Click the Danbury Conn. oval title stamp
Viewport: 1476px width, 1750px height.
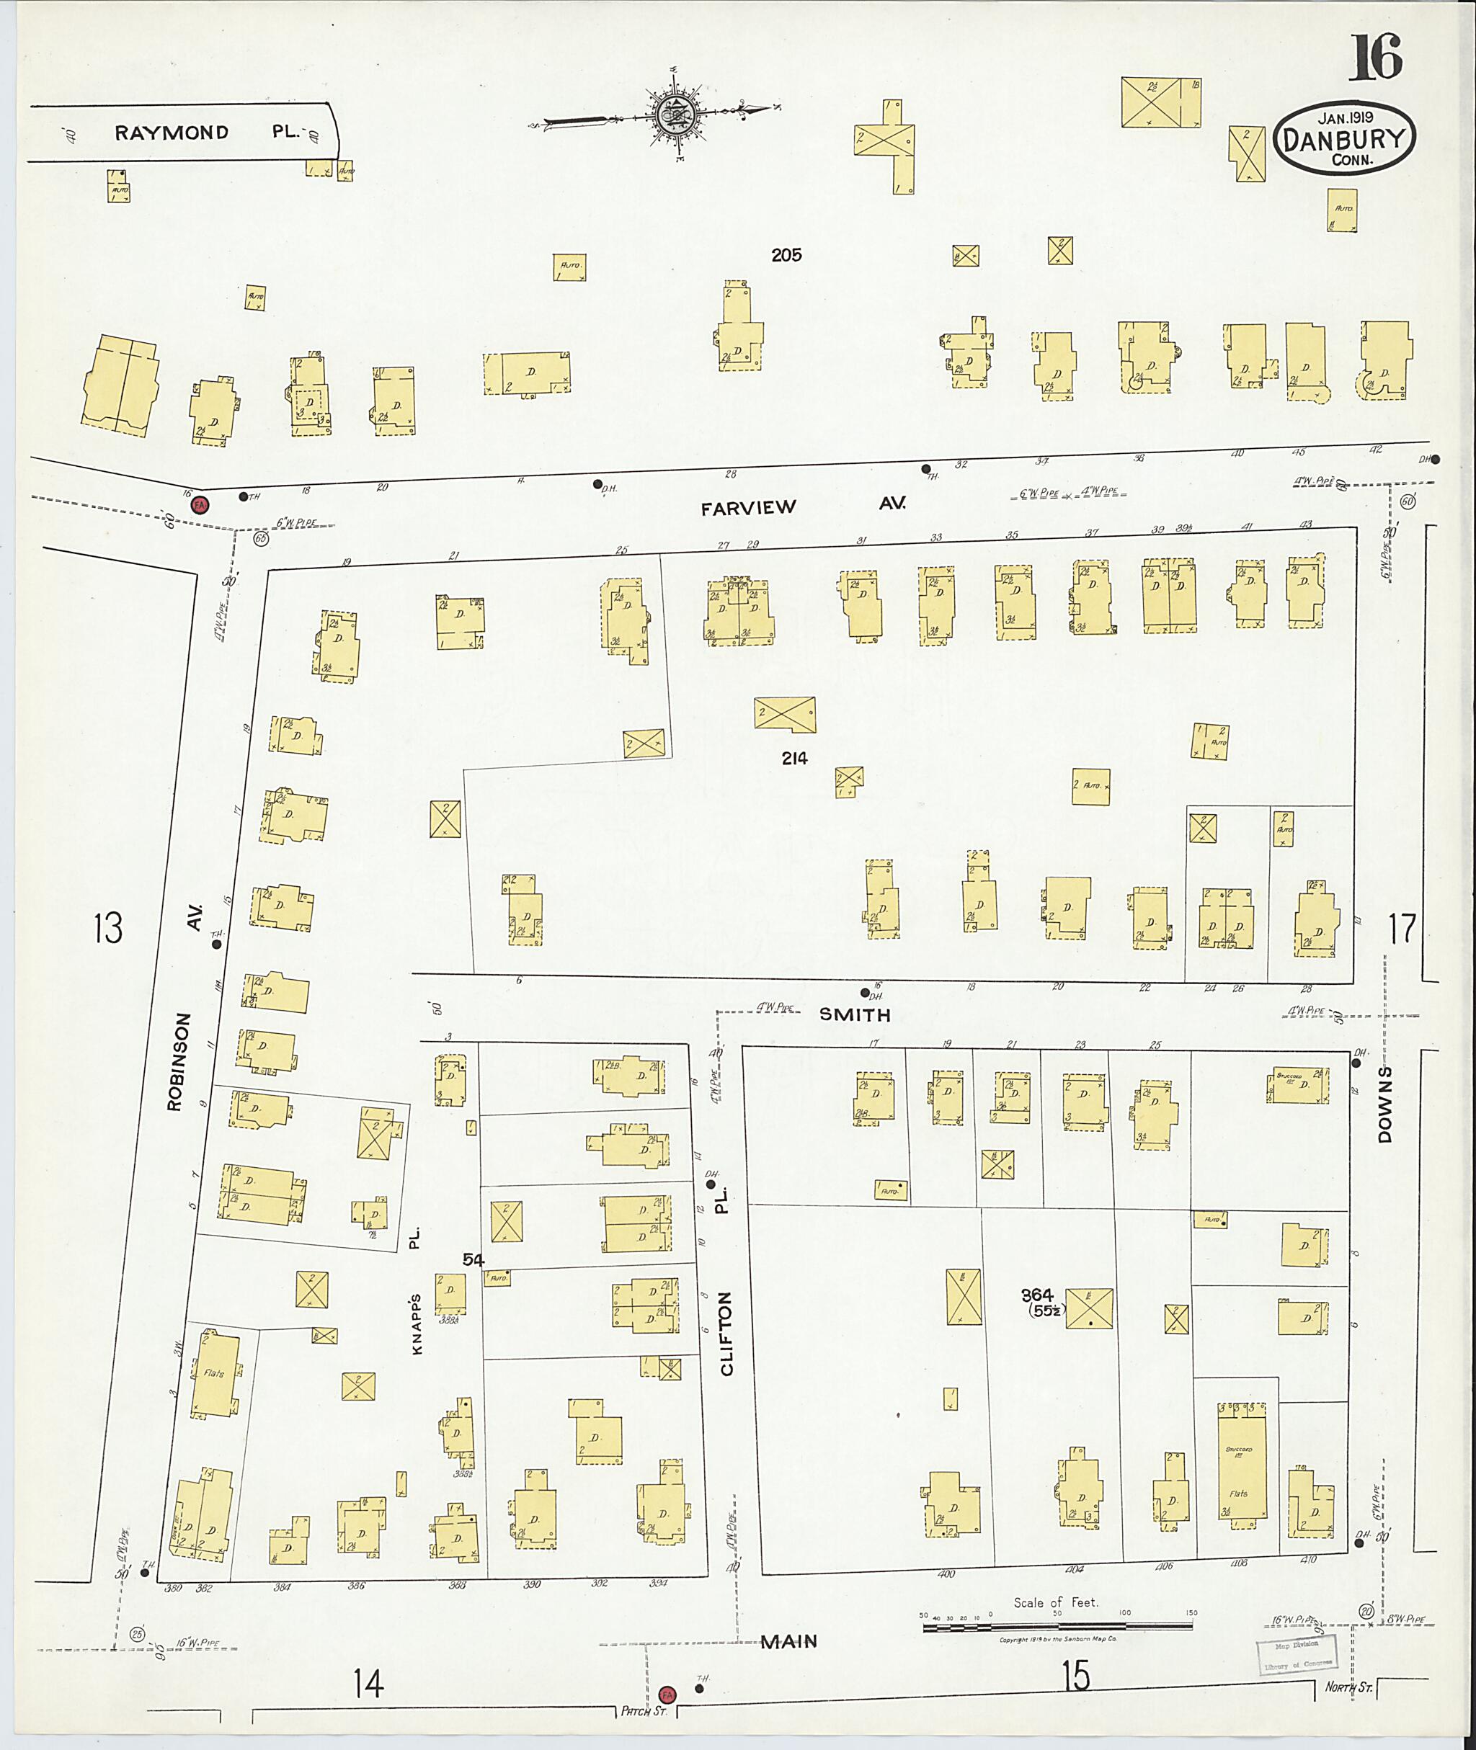[x=1345, y=140]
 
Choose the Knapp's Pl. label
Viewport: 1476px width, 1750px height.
[x=416, y=1298]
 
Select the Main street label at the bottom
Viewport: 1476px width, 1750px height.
[x=788, y=1641]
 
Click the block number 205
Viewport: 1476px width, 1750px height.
[x=786, y=255]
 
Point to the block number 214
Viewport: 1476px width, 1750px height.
[x=794, y=759]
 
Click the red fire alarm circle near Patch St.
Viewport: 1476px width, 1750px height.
[x=667, y=1694]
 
